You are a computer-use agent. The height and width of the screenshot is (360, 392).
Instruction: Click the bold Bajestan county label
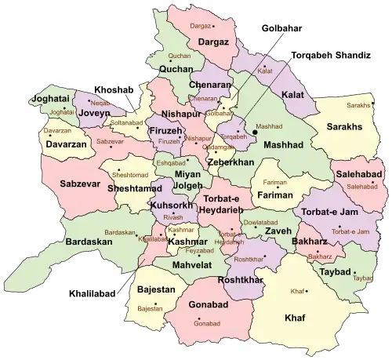155,289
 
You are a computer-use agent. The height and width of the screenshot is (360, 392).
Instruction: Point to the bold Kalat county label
292,95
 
